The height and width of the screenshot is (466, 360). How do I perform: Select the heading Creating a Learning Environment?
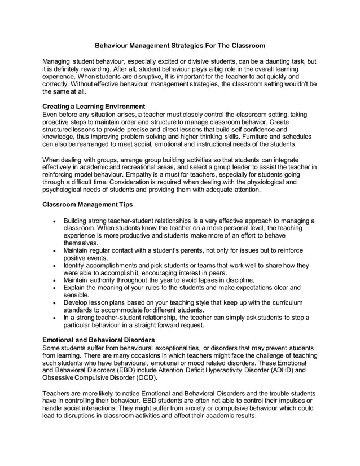(95, 106)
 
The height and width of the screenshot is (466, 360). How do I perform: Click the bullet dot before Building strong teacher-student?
(53, 221)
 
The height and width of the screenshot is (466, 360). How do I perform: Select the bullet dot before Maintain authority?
(53, 279)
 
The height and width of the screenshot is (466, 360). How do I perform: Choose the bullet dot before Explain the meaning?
(53, 287)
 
